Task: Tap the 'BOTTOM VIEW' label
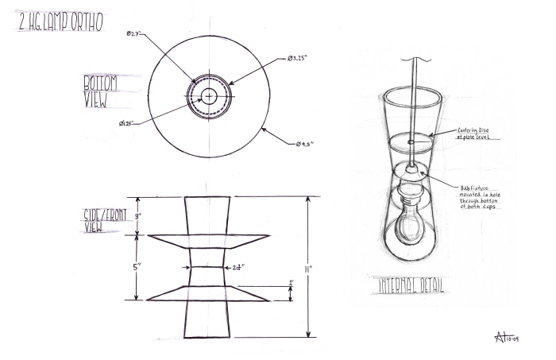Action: (102, 92)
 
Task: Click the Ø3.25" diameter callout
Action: (299, 60)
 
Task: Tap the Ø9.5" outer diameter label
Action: (305, 143)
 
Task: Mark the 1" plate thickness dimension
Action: (291, 284)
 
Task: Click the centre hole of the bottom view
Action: (208, 95)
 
